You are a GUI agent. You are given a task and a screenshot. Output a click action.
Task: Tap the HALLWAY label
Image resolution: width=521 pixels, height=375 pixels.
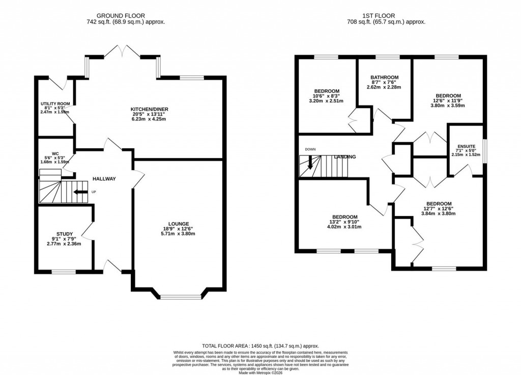click(104, 179)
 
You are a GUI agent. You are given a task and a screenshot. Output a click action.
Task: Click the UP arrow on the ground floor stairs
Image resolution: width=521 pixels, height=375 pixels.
click(79, 192)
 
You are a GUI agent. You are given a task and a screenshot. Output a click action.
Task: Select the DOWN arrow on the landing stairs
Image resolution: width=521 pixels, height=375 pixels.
click(310, 164)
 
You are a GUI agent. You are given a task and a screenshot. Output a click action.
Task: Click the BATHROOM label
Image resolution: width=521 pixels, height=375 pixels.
click(384, 77)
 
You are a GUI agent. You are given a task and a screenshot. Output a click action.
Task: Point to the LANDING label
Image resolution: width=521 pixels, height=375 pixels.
click(344, 157)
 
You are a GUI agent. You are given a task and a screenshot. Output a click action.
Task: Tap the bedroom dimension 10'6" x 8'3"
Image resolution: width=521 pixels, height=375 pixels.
click(326, 96)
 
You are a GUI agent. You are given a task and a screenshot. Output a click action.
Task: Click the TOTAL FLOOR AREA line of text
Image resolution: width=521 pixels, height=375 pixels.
click(260, 346)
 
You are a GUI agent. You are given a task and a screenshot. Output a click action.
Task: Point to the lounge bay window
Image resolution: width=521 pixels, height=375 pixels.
click(181, 297)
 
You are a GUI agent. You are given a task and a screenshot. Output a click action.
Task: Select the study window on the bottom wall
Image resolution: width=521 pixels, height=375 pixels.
click(63, 272)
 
